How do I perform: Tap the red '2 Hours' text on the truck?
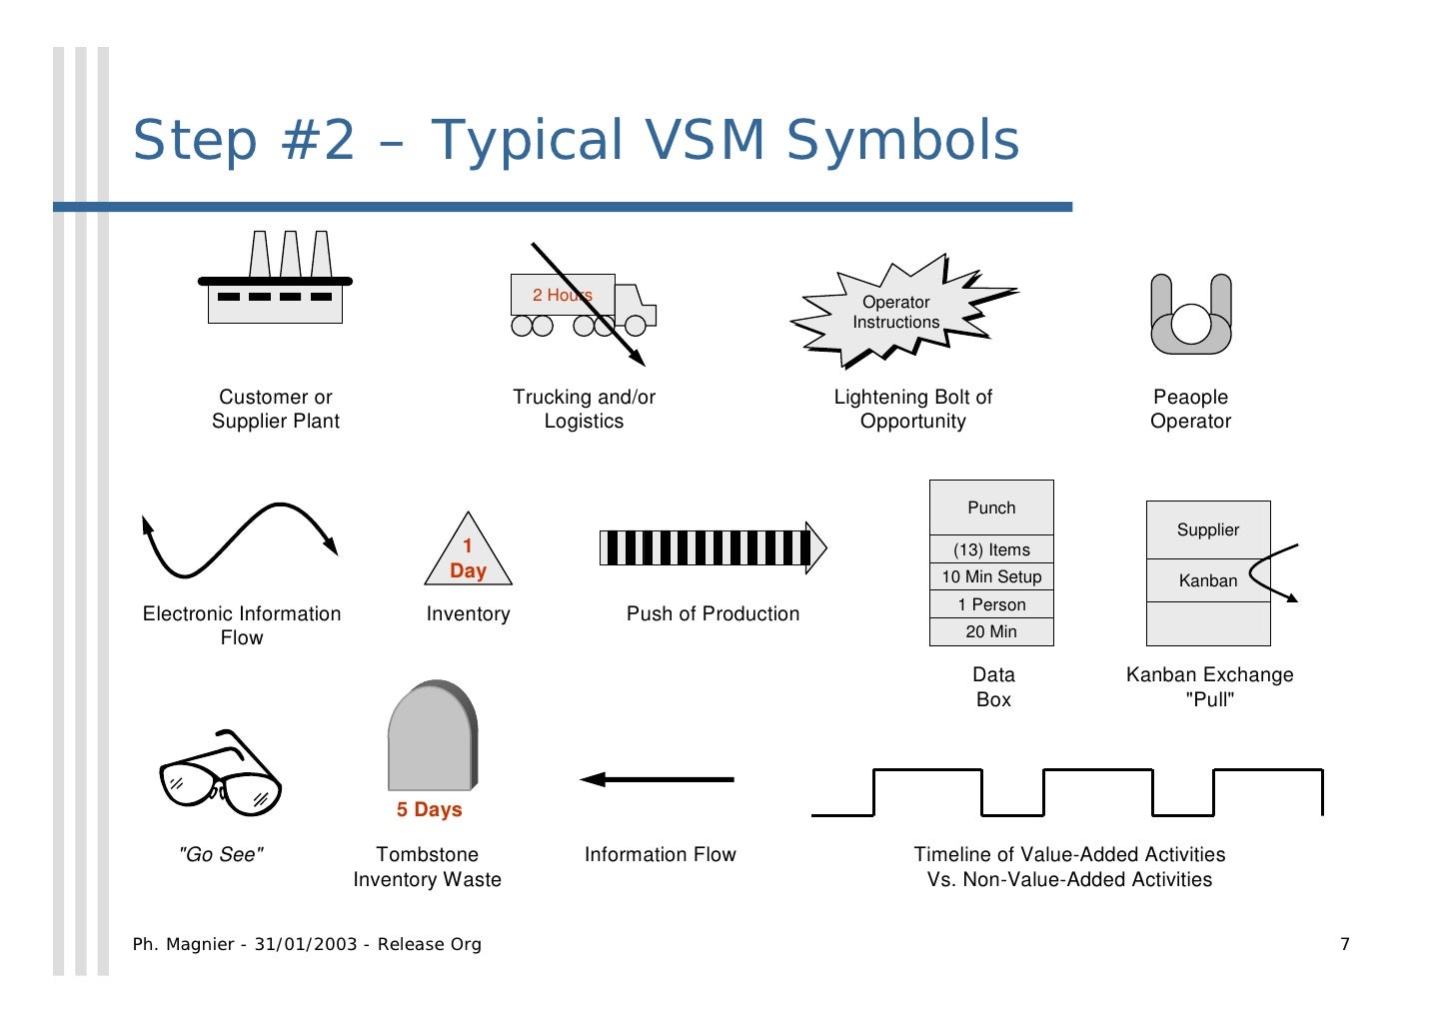pos(562,295)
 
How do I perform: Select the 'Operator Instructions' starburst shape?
pos(896,312)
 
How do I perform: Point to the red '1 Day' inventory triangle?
pos(468,558)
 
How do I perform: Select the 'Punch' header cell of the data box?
pos(991,508)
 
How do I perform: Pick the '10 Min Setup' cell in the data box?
pos(991,576)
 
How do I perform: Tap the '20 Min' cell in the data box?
pos(991,631)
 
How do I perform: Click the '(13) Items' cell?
pos(991,549)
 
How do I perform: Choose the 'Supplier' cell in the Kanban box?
pos(1207,529)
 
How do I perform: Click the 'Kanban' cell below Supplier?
pos(1207,580)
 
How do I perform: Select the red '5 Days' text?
pos(429,809)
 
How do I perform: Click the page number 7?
pos(1344,944)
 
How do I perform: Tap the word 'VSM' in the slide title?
pos(706,140)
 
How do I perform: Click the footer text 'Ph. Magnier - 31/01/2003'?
pos(246,944)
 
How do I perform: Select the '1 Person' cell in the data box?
pos(991,604)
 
